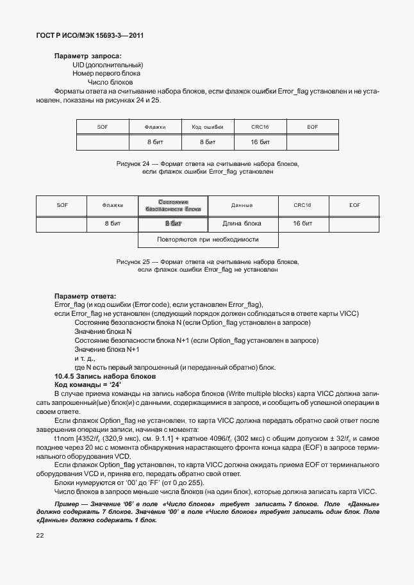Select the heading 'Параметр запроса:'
pos(88,56)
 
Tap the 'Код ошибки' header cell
pos(207,127)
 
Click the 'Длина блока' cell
pos(241,224)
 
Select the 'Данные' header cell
pos(241,205)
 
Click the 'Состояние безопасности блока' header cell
pos(173,205)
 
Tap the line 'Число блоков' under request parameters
pos(110,82)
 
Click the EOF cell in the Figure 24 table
pos(312,127)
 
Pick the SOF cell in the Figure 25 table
pos(62,205)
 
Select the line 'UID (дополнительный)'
pos(108,65)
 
